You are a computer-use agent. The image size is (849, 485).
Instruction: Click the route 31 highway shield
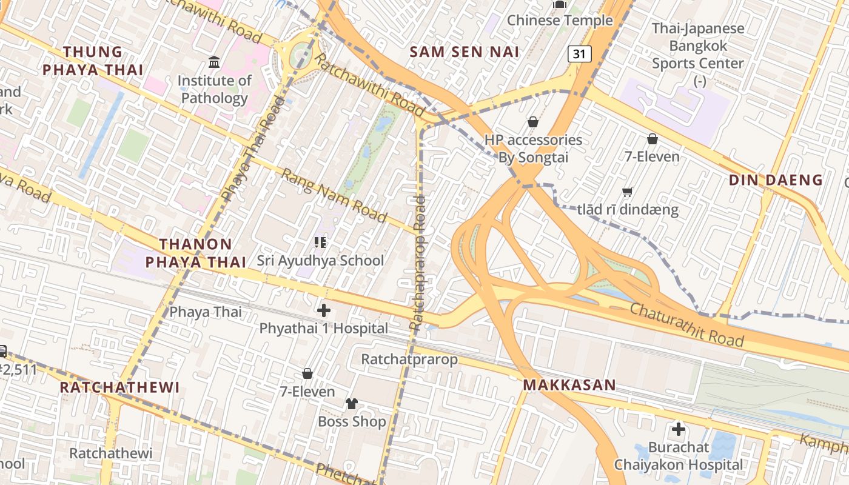click(x=579, y=54)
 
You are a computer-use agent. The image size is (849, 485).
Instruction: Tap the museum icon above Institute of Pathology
click(x=214, y=62)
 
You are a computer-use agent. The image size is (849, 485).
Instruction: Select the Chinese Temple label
click(x=560, y=20)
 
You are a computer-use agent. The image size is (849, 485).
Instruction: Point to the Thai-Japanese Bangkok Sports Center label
click(x=697, y=45)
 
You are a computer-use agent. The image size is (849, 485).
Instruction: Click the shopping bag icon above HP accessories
click(x=532, y=122)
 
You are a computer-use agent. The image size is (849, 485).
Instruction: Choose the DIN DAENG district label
click(x=776, y=180)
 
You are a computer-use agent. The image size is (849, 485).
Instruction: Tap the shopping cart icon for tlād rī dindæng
click(x=628, y=192)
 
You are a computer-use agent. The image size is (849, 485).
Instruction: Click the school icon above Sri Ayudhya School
click(x=320, y=242)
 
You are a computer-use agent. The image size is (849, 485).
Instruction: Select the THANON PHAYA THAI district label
click(x=195, y=253)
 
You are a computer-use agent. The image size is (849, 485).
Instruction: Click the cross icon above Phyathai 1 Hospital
click(x=324, y=310)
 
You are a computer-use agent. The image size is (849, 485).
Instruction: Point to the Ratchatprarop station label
click(x=409, y=359)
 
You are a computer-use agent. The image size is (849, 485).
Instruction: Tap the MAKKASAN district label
click(x=569, y=384)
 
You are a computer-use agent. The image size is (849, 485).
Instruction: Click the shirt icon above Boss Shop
click(x=352, y=403)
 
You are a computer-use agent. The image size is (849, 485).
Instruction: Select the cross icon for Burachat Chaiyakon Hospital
click(x=678, y=429)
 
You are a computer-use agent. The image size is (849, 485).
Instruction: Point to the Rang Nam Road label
click(x=334, y=195)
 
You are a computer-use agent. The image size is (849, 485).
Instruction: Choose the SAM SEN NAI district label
click(x=464, y=52)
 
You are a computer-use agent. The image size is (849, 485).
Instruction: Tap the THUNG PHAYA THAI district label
click(x=93, y=61)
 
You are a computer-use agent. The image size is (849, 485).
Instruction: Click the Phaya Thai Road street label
click(x=253, y=149)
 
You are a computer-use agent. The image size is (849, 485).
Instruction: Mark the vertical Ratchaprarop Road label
click(x=418, y=263)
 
